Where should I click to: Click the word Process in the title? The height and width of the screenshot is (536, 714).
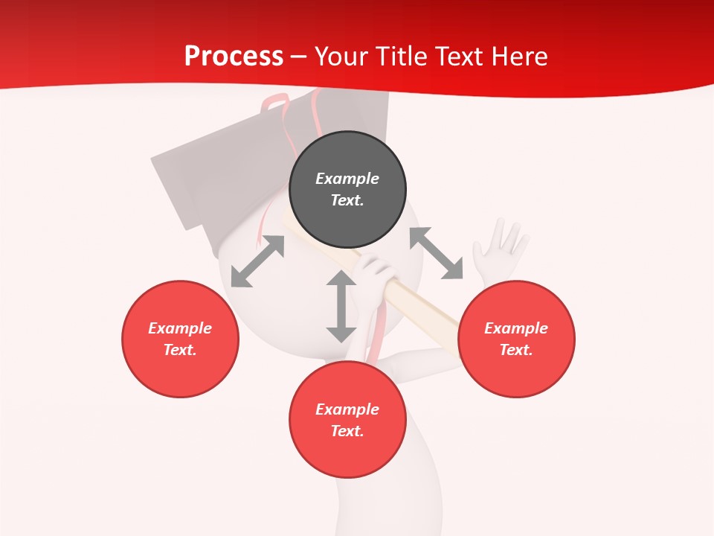pos(234,57)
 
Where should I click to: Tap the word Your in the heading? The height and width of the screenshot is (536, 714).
pos(341,57)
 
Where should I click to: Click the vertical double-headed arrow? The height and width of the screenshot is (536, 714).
pos(341,307)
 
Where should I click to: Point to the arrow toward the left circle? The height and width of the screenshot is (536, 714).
pos(257,261)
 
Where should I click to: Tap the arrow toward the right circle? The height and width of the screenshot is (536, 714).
pos(437,254)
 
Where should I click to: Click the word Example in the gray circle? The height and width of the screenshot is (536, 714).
pos(347,179)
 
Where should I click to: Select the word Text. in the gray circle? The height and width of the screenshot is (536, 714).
pos(347,200)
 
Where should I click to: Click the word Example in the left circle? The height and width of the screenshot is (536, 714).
pos(180,328)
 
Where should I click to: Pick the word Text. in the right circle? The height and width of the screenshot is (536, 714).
pos(516,350)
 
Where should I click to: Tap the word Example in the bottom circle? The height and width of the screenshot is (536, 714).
pos(347,409)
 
